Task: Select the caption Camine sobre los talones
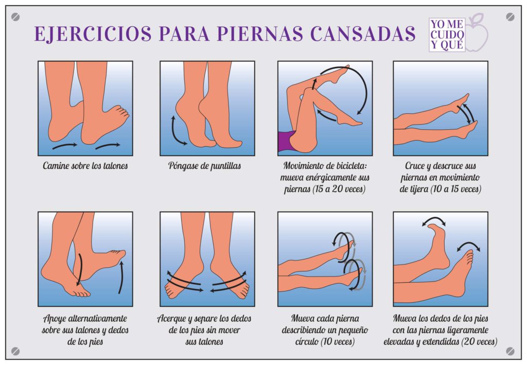(x=85, y=166)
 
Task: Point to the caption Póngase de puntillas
(x=205, y=166)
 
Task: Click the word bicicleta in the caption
(x=347, y=165)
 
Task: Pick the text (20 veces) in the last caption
(x=479, y=342)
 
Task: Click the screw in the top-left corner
(x=15, y=16)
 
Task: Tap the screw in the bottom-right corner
(x=510, y=351)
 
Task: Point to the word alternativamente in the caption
(x=97, y=318)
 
